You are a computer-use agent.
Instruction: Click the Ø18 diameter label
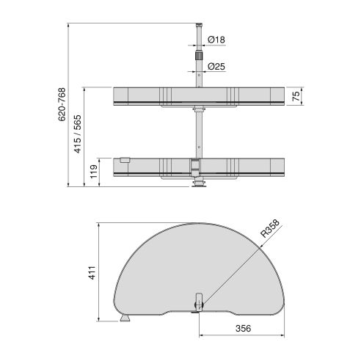(x=216, y=39)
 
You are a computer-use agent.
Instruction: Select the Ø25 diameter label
(x=216, y=67)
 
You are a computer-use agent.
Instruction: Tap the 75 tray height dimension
(x=296, y=97)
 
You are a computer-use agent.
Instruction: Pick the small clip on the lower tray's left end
(x=125, y=159)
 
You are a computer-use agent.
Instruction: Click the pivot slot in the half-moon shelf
(x=197, y=302)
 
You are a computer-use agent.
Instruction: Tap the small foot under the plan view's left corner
(x=125, y=319)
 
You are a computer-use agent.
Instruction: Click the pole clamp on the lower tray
(x=196, y=166)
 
